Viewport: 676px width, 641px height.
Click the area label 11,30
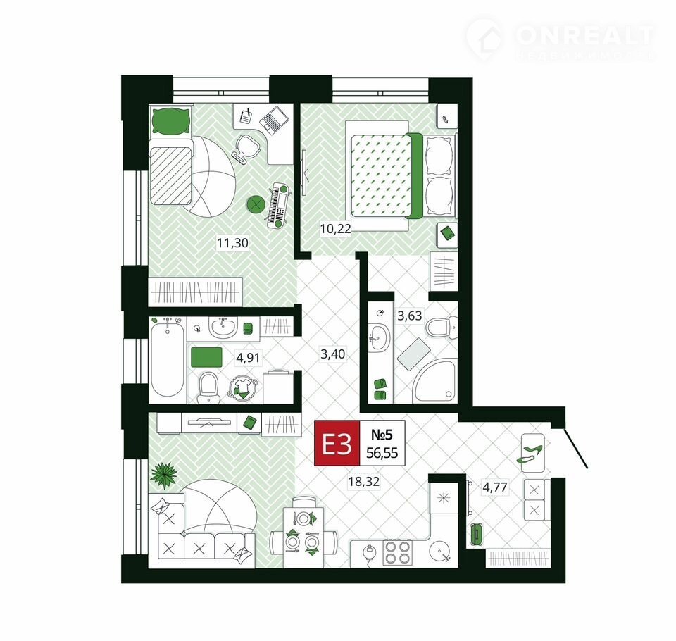click(232, 243)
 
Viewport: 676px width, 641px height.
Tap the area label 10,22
click(335, 229)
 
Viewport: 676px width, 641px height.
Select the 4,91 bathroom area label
click(248, 357)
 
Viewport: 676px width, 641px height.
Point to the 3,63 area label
click(410, 316)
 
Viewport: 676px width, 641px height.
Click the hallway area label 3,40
click(333, 354)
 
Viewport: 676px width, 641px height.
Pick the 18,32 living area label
click(364, 481)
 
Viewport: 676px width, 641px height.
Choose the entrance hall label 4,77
click(495, 487)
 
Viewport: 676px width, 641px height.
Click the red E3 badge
click(337, 444)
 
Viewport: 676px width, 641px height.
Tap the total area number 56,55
click(382, 453)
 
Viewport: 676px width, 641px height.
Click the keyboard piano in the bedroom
click(278, 205)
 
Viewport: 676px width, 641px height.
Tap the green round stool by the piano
click(256, 204)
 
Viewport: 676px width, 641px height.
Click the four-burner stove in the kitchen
click(397, 552)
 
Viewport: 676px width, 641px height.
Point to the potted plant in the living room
click(164, 475)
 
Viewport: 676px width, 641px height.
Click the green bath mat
click(206, 357)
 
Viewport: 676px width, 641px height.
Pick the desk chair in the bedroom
click(246, 149)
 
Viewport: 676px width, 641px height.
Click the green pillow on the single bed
click(172, 122)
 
